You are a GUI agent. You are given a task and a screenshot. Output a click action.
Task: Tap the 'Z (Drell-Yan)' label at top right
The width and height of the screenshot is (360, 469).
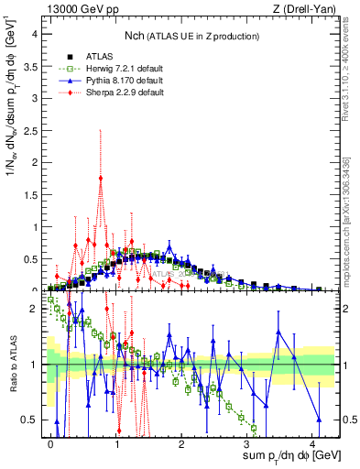[308, 10]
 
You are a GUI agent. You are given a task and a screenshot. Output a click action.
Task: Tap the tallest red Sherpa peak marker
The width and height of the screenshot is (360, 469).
[100, 179]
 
